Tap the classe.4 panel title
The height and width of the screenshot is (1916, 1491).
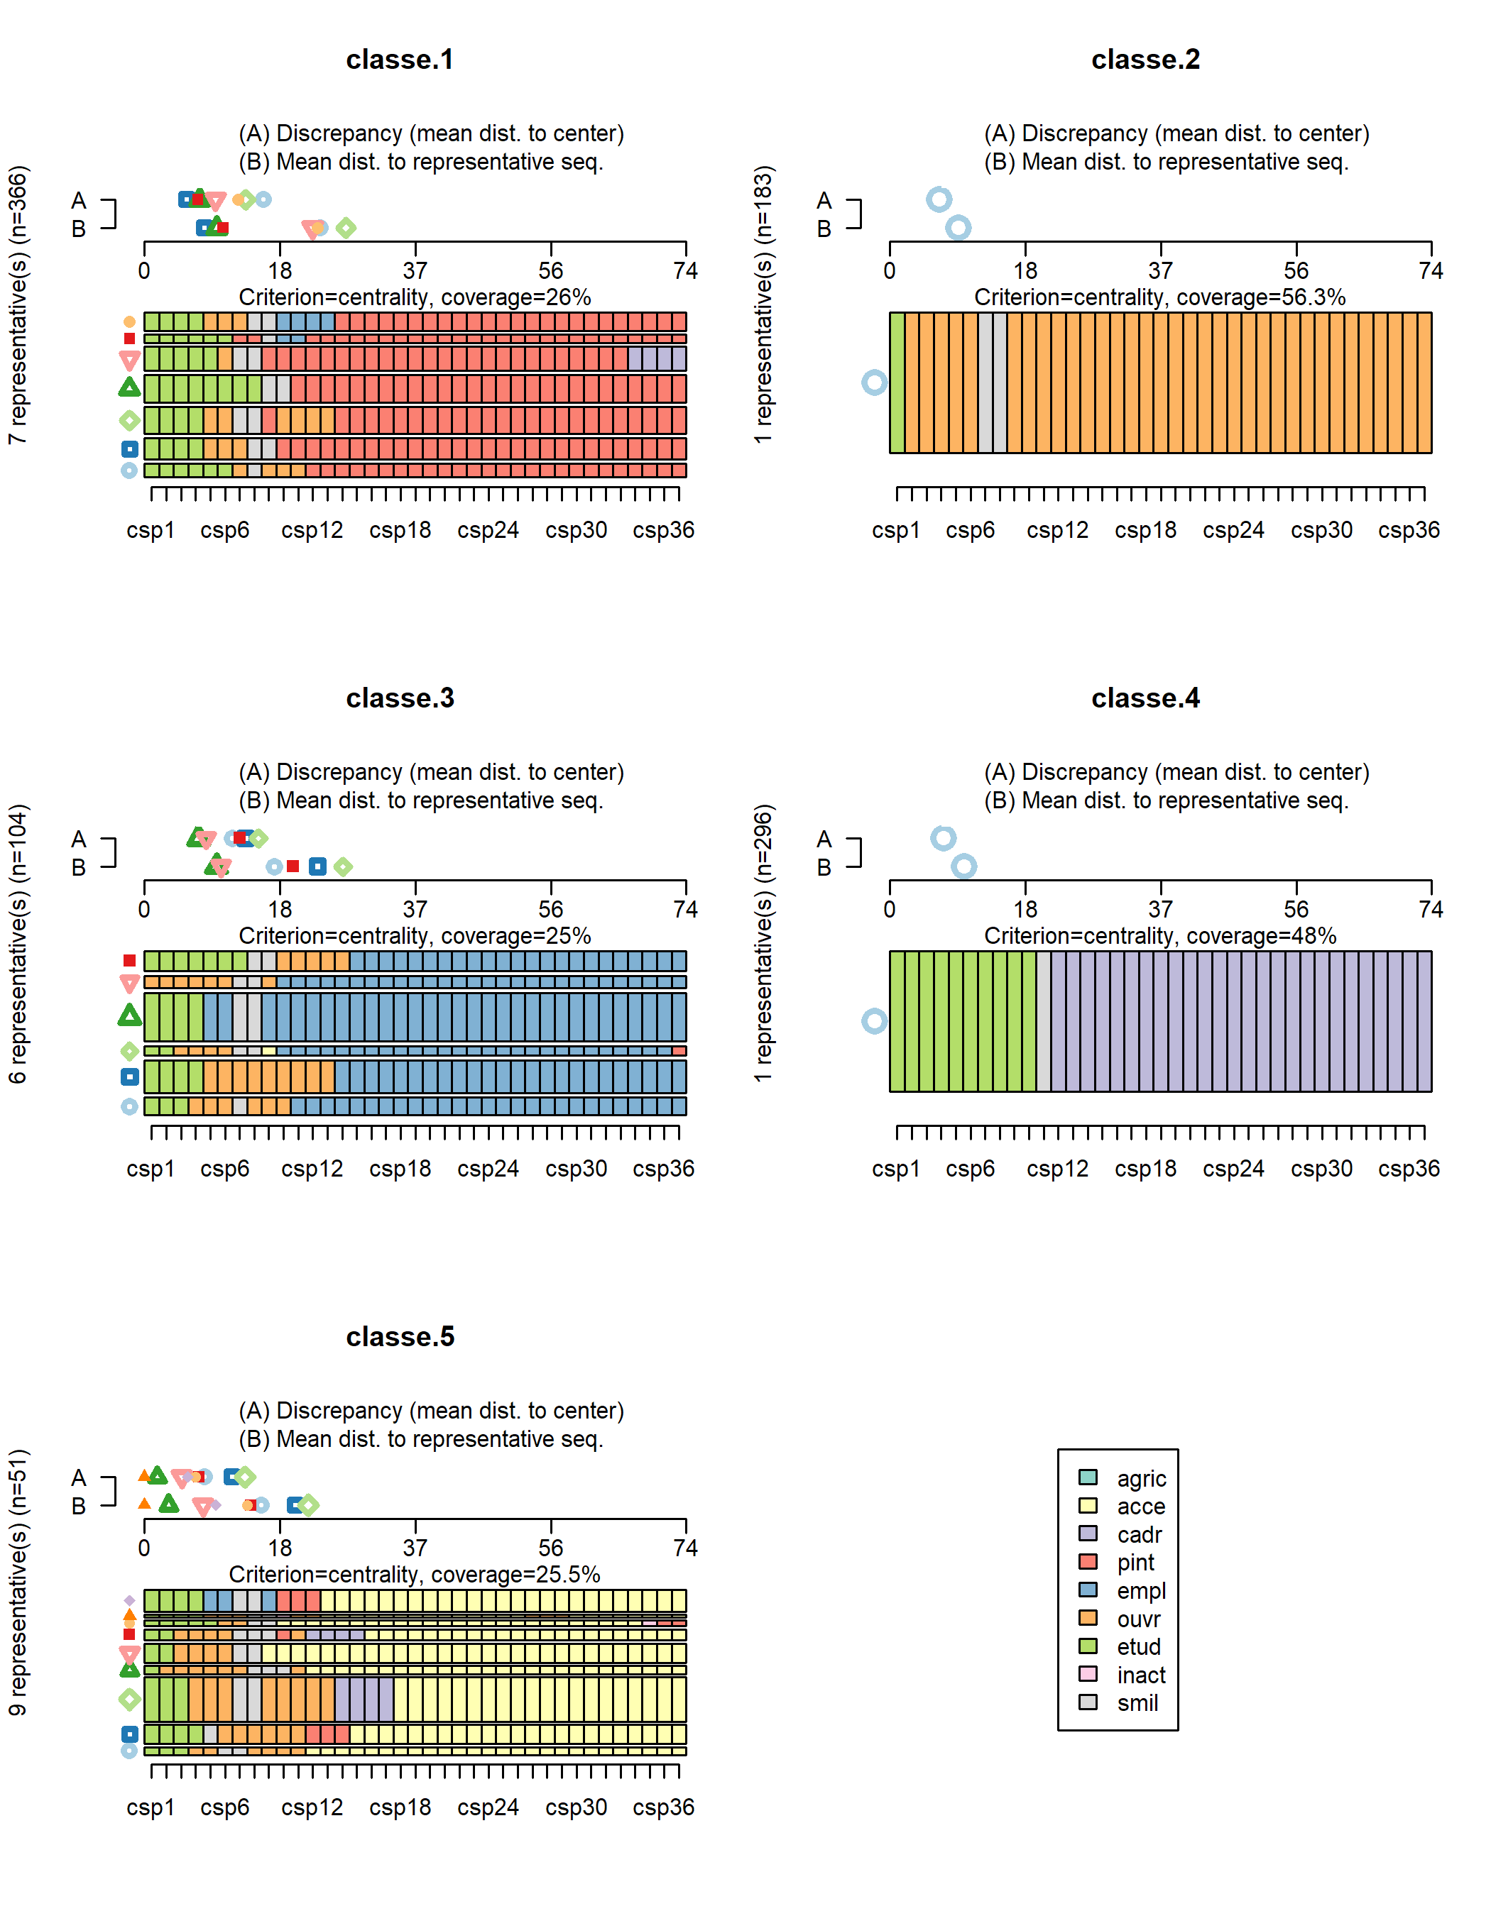coord(1145,698)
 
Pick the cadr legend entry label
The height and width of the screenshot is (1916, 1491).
coord(1139,1534)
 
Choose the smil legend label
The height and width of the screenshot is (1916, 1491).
coord(1137,1703)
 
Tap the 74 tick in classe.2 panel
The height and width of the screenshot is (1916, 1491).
coord(1431,270)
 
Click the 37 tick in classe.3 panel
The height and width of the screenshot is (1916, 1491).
coord(415,909)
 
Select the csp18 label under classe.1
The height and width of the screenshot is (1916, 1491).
coord(400,530)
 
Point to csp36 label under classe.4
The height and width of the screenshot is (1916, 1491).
coord(1409,1169)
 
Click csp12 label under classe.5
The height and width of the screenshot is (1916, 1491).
coord(312,1807)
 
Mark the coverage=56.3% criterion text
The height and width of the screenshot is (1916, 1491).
coord(1159,297)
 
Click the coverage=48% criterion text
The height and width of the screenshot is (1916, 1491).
coord(1159,936)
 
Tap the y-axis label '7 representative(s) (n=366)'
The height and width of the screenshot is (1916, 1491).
coord(18,304)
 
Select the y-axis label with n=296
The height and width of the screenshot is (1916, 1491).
coord(763,943)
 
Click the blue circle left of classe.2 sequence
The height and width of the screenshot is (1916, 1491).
coord(874,382)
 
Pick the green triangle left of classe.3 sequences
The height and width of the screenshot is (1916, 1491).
coord(130,1016)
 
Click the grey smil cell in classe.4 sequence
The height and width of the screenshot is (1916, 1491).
coord(1044,1021)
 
